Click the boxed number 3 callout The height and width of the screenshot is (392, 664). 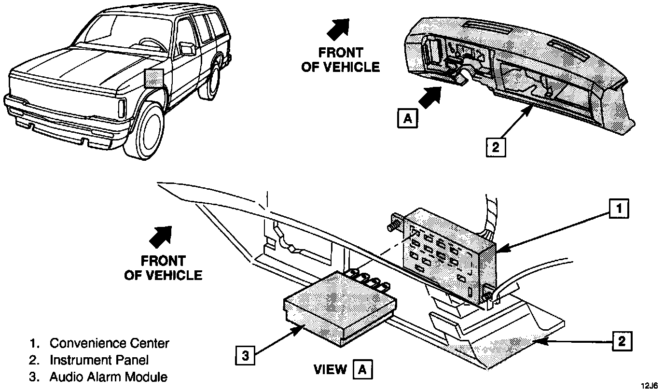246,356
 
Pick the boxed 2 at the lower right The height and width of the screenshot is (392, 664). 622,341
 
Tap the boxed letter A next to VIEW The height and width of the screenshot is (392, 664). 363,370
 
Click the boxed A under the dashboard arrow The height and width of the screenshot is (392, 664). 408,118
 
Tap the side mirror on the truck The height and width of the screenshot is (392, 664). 187,48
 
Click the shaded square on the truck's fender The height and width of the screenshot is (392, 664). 154,78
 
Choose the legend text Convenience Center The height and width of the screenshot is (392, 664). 110,343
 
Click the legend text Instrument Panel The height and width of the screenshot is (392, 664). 99,360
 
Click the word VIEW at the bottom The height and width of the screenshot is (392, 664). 331,370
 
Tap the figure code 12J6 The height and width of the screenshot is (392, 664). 649,385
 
